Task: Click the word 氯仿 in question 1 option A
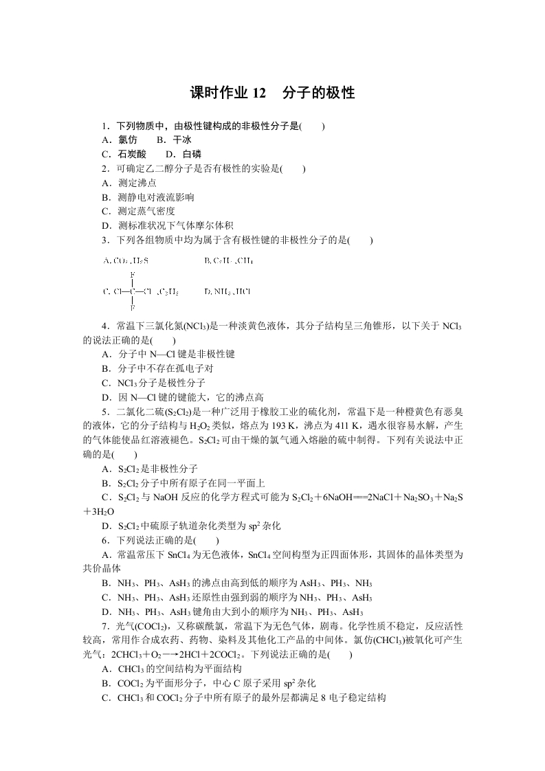pyautogui.click(x=127, y=140)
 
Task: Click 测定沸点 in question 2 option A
pyautogui.click(x=137, y=183)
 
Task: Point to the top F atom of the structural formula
pyautogui.click(x=132, y=273)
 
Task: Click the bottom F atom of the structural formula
pyautogui.click(x=132, y=309)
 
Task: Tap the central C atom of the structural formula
pyautogui.click(x=132, y=291)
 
